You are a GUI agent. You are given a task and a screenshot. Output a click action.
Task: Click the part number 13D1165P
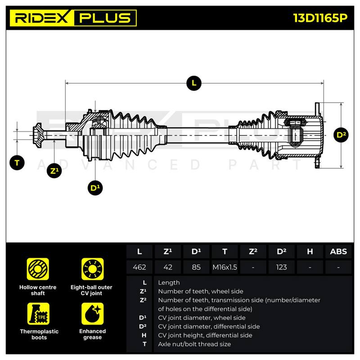320,18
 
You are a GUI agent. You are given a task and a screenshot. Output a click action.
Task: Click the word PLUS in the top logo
105,18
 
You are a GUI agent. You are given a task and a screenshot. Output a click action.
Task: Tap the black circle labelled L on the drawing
194,83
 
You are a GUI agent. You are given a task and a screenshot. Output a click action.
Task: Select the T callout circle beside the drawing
17,163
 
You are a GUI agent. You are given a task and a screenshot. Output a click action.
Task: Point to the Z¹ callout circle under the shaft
54,171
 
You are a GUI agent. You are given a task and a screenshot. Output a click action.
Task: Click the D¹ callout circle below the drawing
95,188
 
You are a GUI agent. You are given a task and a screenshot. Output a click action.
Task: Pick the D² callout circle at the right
341,135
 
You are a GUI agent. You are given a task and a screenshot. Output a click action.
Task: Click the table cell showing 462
139,267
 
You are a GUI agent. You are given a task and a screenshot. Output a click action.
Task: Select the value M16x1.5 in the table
225,267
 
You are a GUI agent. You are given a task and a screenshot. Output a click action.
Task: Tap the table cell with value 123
282,267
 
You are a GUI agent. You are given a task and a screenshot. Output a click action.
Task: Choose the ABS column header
338,252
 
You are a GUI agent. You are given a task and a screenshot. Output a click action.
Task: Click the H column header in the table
310,252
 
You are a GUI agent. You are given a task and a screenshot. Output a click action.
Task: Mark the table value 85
196,267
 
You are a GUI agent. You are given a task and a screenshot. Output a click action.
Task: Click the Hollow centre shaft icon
38,269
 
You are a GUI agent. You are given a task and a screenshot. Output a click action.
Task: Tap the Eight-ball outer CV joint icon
93,269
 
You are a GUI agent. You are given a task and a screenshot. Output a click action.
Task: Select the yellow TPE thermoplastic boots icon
38,314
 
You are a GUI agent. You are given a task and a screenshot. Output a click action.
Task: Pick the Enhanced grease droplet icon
93,314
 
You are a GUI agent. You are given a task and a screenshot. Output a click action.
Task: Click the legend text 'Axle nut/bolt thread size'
194,344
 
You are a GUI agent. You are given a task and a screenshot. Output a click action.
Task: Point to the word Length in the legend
169,283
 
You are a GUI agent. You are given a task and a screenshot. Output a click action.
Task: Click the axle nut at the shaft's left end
38,135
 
